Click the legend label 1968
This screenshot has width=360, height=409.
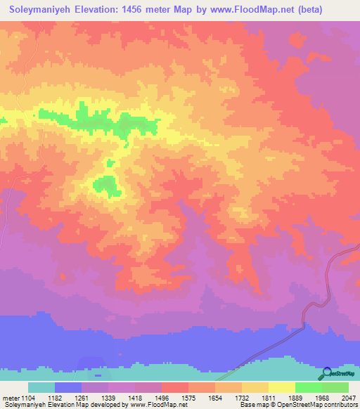click(322, 398)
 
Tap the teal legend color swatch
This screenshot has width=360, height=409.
click(41, 387)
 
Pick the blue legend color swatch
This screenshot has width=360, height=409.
click(68, 387)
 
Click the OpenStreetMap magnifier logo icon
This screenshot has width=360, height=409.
click(326, 375)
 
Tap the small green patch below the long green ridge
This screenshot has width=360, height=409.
click(106, 184)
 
